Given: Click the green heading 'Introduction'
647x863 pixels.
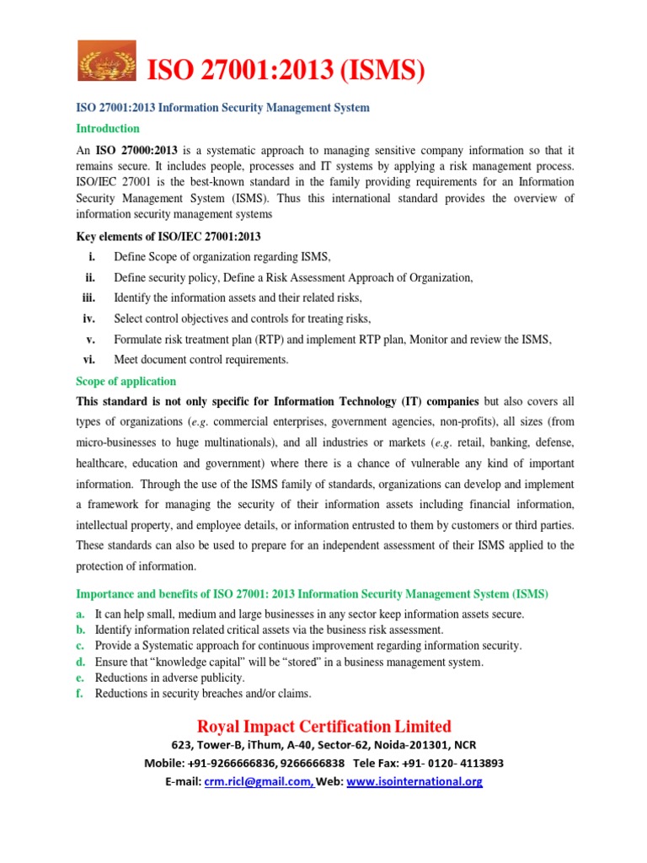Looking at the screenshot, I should click(x=108, y=129).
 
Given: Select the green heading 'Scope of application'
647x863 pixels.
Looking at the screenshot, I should click(x=126, y=381).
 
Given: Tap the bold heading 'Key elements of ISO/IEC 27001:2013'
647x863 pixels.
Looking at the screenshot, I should click(x=169, y=236).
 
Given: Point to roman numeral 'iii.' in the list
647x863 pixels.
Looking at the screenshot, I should click(x=88, y=297).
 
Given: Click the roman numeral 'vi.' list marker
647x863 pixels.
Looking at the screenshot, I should click(x=89, y=360).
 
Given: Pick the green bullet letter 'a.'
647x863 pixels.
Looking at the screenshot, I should click(x=81, y=614).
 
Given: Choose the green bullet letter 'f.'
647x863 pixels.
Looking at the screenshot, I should click(x=81, y=694).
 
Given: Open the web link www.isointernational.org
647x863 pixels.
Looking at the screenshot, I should click(x=414, y=781).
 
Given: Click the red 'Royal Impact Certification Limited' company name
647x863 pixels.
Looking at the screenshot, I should click(x=323, y=726).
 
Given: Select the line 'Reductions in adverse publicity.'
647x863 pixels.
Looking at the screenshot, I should click(x=170, y=678).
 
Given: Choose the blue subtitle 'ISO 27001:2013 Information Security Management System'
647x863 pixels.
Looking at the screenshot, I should click(x=223, y=108).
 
